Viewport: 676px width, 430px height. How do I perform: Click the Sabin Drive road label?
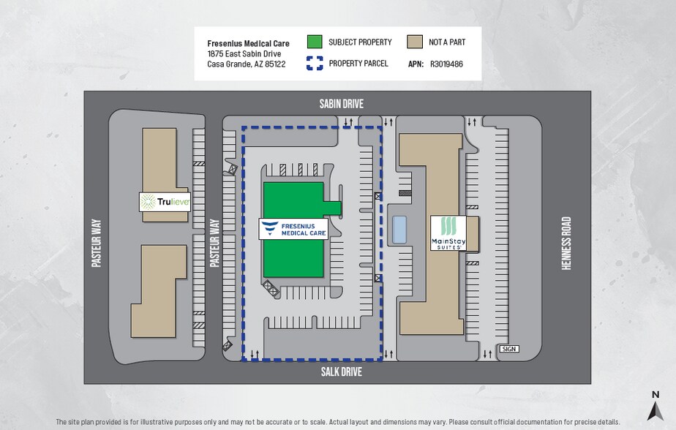(x=341, y=104)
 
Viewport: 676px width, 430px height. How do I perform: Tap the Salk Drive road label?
(x=341, y=371)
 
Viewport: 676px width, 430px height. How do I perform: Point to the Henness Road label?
(x=566, y=244)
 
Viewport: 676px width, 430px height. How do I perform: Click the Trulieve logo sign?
(x=165, y=202)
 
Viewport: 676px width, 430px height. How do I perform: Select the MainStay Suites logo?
(x=448, y=233)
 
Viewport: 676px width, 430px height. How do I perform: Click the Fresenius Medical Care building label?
(x=293, y=229)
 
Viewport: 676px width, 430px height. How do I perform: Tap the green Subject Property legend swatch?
(x=315, y=42)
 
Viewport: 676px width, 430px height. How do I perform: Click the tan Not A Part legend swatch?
(x=415, y=42)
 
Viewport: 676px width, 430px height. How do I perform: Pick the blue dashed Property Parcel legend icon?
(x=315, y=63)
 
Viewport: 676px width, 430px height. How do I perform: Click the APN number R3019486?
(x=446, y=64)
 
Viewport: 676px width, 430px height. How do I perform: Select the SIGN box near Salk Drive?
(x=508, y=349)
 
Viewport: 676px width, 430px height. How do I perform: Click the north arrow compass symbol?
(x=656, y=406)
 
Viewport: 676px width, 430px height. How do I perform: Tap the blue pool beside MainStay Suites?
(x=399, y=230)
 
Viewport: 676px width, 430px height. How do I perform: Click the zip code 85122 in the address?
(x=275, y=64)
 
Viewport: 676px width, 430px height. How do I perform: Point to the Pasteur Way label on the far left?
(x=97, y=243)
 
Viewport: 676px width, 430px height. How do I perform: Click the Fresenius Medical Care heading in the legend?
(x=248, y=44)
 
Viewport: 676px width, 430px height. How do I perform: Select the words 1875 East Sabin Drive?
(x=244, y=54)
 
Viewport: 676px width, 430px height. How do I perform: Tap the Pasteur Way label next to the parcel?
(x=214, y=243)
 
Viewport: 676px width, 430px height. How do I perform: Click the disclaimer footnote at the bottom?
(x=338, y=422)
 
